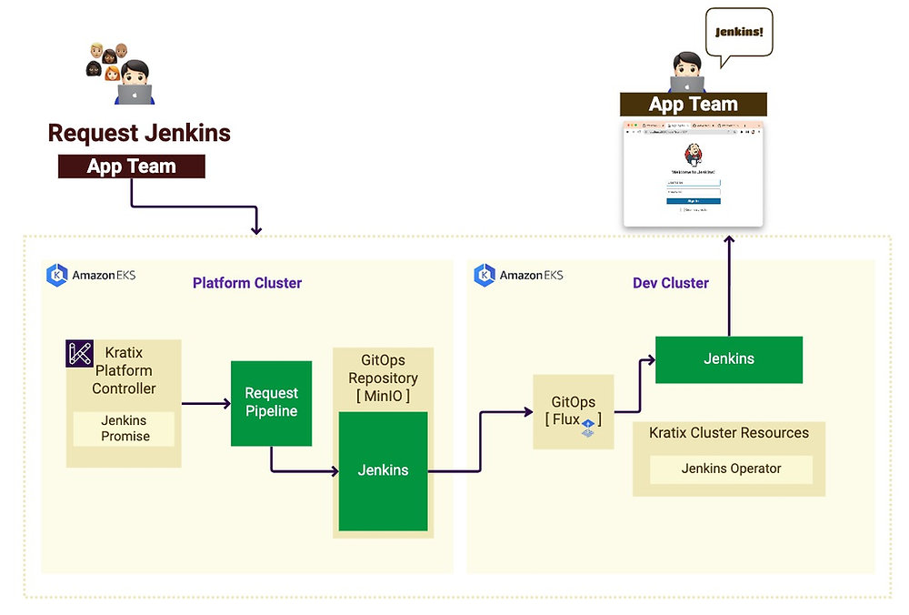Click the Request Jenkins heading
click(139, 133)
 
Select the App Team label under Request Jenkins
click(132, 166)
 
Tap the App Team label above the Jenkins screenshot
click(693, 104)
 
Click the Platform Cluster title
click(247, 283)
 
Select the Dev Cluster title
click(671, 283)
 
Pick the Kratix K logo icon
click(80, 353)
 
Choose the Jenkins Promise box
click(125, 428)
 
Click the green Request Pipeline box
click(271, 403)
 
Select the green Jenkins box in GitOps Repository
click(383, 470)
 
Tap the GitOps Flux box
click(574, 411)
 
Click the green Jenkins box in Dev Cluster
click(729, 359)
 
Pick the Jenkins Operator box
click(731, 469)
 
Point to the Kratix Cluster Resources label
click(729, 433)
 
